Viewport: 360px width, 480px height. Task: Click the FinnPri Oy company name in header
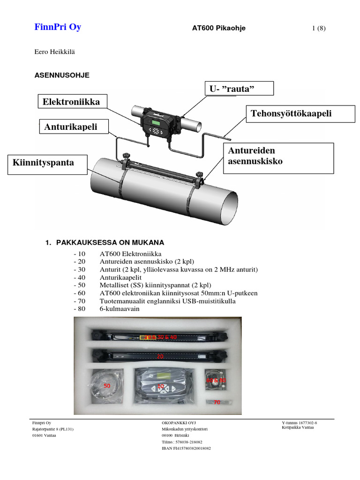pos(58,27)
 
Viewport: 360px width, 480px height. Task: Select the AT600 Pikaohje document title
pos(219,28)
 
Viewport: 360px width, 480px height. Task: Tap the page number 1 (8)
pos(318,28)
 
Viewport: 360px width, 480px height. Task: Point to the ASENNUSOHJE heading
pos(62,75)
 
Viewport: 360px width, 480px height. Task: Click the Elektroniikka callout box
pos(71,102)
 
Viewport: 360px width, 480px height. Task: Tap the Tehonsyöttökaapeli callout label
pos(291,114)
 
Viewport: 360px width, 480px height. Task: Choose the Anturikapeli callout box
pos(71,127)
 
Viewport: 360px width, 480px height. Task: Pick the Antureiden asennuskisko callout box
pos(278,157)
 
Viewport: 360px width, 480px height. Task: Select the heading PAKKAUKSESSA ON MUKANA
pos(110,242)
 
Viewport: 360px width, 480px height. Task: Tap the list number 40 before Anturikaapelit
pos(80,277)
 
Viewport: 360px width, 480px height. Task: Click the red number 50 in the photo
pos(107,385)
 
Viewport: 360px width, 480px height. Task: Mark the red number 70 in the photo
pos(217,402)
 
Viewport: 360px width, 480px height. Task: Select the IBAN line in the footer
pos(186,448)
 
